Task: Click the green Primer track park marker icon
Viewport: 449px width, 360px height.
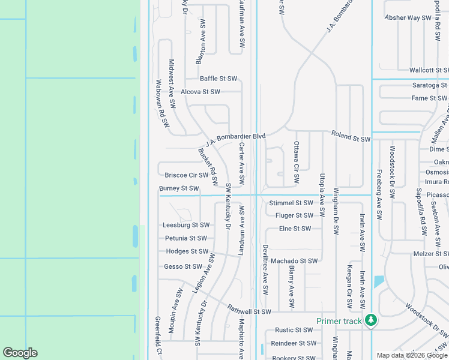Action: [x=371, y=320]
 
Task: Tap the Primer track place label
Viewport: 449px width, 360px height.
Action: [x=339, y=321]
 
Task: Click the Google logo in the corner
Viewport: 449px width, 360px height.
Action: [x=20, y=353]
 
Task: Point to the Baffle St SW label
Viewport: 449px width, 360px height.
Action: [x=218, y=79]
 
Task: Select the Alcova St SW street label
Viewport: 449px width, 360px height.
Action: [x=200, y=92]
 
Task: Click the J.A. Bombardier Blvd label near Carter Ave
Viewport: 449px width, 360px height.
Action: [x=235, y=140]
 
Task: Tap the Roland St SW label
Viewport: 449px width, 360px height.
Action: [x=351, y=139]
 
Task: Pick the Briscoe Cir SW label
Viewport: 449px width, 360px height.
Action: [x=186, y=175]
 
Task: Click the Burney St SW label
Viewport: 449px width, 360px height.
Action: [x=179, y=188]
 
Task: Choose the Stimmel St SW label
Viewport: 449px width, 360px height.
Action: [x=291, y=203]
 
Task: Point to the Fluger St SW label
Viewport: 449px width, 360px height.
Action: [x=294, y=215]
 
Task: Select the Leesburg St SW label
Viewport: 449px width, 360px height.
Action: [x=186, y=225]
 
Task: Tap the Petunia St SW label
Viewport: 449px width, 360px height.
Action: [x=186, y=238]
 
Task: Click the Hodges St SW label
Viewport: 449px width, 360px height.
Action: [x=186, y=251]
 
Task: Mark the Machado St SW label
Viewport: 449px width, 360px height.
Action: [x=294, y=260]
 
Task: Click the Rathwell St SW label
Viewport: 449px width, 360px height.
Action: [x=250, y=311]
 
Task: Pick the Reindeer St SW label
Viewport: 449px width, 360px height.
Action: [x=294, y=343]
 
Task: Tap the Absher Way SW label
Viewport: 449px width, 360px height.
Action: [x=408, y=18]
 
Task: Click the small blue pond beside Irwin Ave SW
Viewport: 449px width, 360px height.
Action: [x=379, y=281]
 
